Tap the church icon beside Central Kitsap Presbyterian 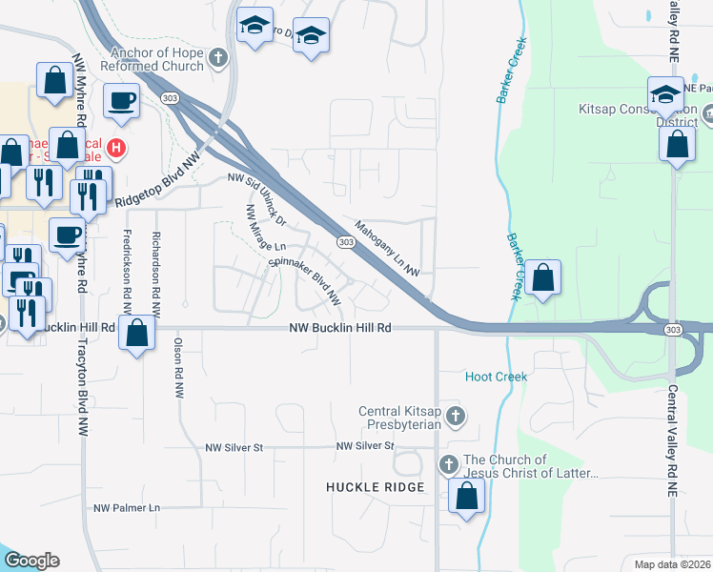click(x=457, y=416)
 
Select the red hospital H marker click(x=116, y=148)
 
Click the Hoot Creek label click(x=496, y=377)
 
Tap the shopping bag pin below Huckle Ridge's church click(x=466, y=496)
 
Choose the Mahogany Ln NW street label click(x=388, y=250)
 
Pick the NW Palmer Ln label click(x=127, y=508)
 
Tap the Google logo click(x=31, y=561)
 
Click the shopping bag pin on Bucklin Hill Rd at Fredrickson click(x=137, y=334)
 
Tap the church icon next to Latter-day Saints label click(x=448, y=465)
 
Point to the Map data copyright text click(x=671, y=564)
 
